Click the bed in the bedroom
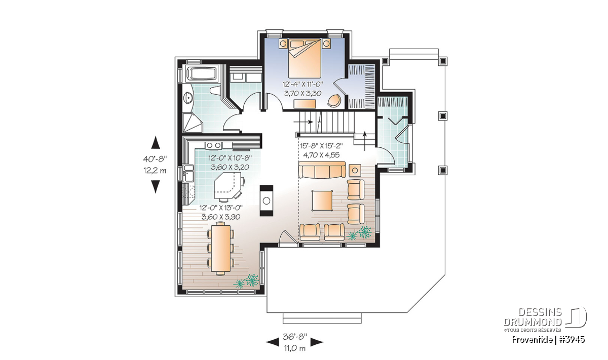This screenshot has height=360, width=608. point(305,58)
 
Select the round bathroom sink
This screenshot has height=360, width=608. point(188,98)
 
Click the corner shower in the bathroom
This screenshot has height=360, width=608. point(193,123)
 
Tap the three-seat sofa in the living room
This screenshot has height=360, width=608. point(322,170)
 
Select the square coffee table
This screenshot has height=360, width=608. point(322,201)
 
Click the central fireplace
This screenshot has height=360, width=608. point(267,201)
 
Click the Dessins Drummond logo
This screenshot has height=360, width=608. point(545,317)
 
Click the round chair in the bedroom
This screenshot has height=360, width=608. point(334,100)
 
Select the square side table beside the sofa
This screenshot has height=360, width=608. point(355,170)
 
